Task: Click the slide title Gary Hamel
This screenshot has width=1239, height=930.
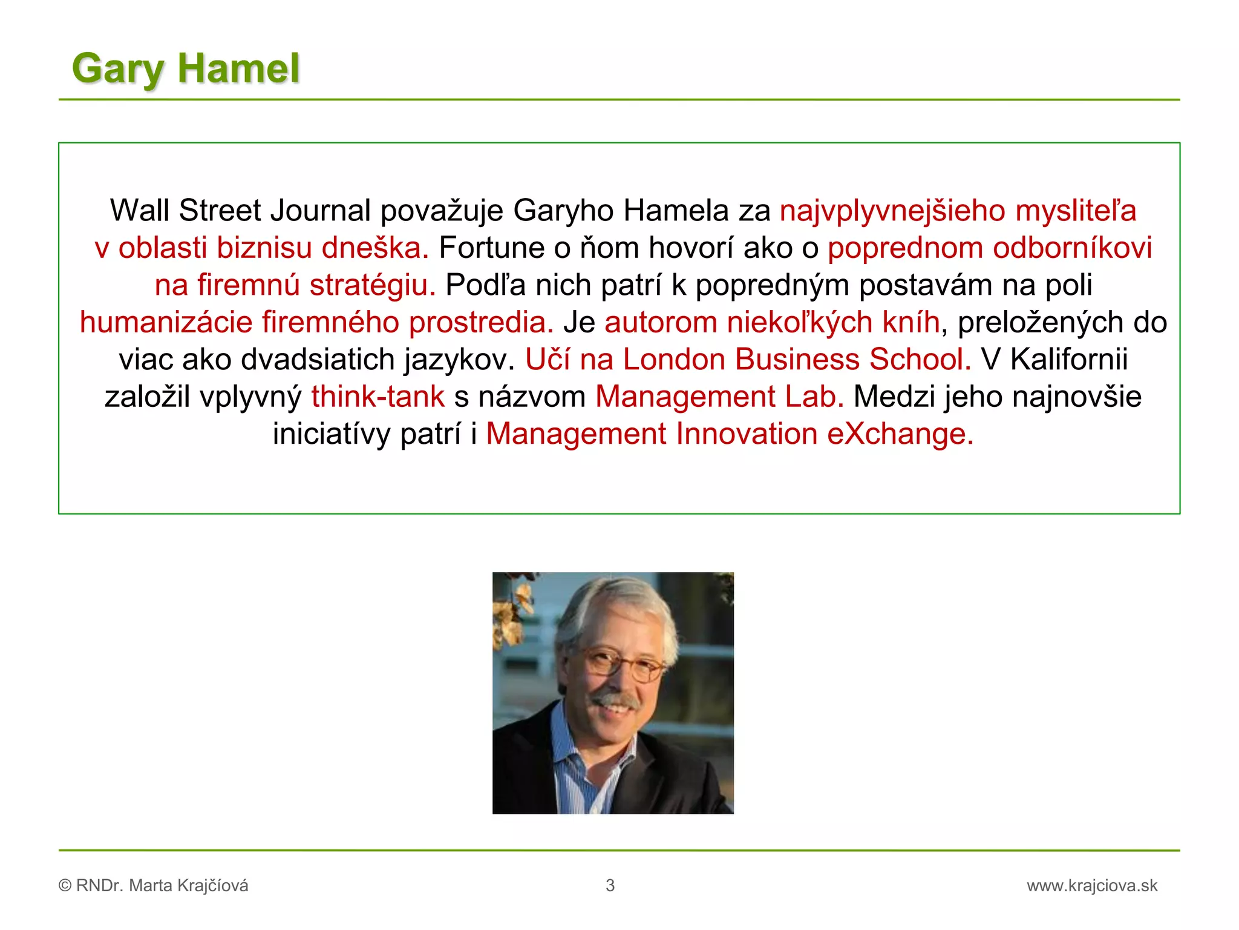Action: click(x=186, y=68)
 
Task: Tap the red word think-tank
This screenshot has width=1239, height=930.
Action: click(x=378, y=397)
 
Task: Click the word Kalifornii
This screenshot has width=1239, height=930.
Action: click(x=1069, y=360)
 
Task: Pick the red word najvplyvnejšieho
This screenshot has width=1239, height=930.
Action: click(x=892, y=211)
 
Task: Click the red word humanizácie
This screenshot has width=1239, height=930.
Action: click(x=166, y=322)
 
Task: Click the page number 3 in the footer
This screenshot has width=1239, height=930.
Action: click(x=610, y=886)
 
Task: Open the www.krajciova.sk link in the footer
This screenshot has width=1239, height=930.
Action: click(x=1091, y=886)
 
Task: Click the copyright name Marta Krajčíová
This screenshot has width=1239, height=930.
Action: click(x=188, y=886)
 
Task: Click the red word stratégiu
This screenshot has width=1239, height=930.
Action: click(x=372, y=285)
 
